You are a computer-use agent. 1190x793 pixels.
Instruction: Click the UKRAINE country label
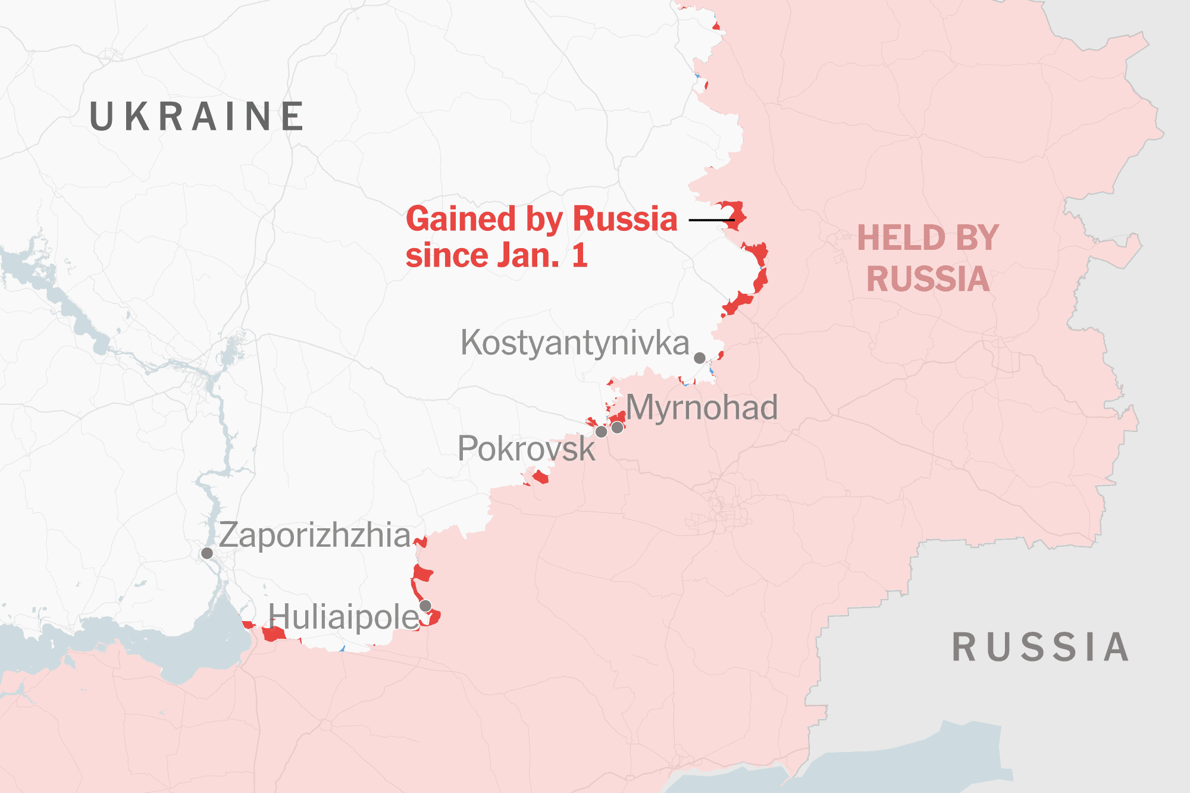tap(196, 116)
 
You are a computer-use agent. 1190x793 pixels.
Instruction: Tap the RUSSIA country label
tap(1040, 647)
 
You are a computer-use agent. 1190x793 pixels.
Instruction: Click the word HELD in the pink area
tap(901, 238)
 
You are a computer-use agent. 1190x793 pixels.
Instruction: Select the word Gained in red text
tap(461, 219)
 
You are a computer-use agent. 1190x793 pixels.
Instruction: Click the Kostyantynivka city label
tap(574, 343)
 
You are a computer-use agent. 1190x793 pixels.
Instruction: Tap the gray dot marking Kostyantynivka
tap(700, 358)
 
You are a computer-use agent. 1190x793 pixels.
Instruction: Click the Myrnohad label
tap(702, 408)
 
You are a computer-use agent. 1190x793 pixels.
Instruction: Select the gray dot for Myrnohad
tap(618, 427)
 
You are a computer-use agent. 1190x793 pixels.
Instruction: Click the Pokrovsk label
tap(526, 449)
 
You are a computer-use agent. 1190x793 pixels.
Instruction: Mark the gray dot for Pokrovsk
tap(602, 431)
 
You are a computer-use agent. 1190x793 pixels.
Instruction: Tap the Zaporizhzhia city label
tap(315, 535)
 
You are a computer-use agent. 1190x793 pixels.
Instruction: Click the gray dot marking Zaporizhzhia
tap(207, 553)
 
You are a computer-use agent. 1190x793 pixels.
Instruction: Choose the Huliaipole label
tap(343, 617)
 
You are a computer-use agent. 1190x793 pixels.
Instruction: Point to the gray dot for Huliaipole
tap(425, 606)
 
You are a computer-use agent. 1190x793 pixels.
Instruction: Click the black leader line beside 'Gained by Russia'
tap(711, 220)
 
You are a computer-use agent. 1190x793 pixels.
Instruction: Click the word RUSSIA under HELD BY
tap(928, 279)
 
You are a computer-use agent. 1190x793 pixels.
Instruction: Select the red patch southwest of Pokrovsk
tap(540, 477)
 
